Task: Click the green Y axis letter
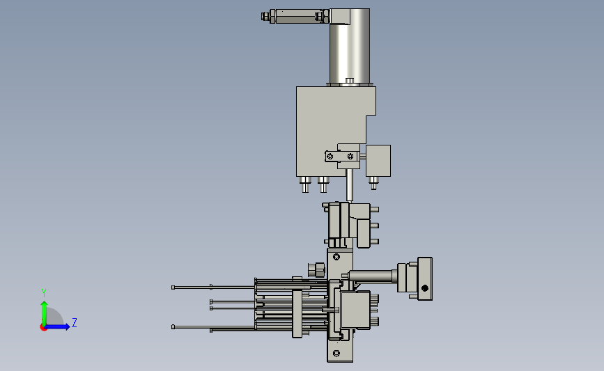pyautogui.click(x=44, y=293)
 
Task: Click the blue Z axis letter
pyautogui.click(x=75, y=322)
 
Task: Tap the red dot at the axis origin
pyautogui.click(x=43, y=328)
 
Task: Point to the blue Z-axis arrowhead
pyautogui.click(x=68, y=326)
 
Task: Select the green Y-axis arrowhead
pyautogui.click(x=44, y=304)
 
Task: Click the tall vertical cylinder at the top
pyautogui.click(x=350, y=46)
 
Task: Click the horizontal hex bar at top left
pyautogui.click(x=295, y=16)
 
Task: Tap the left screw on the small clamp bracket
pyautogui.click(x=330, y=156)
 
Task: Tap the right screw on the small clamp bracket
pyautogui.click(x=350, y=156)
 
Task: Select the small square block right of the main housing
pyautogui.click(x=378, y=161)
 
